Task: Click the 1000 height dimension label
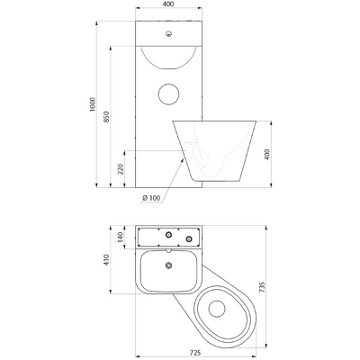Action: pyautogui.click(x=93, y=104)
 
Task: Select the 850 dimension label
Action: pyautogui.click(x=106, y=117)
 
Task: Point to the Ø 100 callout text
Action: pyautogui.click(x=151, y=198)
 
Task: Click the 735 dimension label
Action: pyautogui.click(x=261, y=287)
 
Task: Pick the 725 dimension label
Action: pyautogui.click(x=195, y=353)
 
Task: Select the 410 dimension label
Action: pyautogui.click(x=106, y=260)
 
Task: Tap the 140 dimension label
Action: pyautogui.click(x=121, y=237)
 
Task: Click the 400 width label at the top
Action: pyautogui.click(x=169, y=4)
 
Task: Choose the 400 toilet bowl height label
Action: pyautogui.click(x=267, y=154)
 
